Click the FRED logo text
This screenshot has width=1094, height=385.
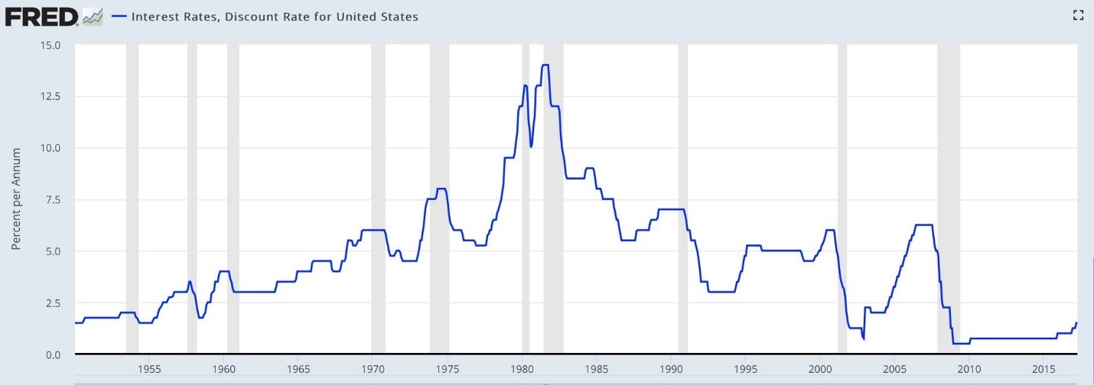point(41,15)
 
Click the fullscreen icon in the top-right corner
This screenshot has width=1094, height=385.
point(1079,15)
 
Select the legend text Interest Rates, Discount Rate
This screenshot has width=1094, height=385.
point(275,16)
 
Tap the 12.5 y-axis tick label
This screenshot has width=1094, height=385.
point(51,96)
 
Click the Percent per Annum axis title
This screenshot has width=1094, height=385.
point(16,199)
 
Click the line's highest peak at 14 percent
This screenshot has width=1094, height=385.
point(545,66)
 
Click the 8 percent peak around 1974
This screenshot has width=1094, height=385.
point(441,189)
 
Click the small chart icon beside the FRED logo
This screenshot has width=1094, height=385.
point(93,15)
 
